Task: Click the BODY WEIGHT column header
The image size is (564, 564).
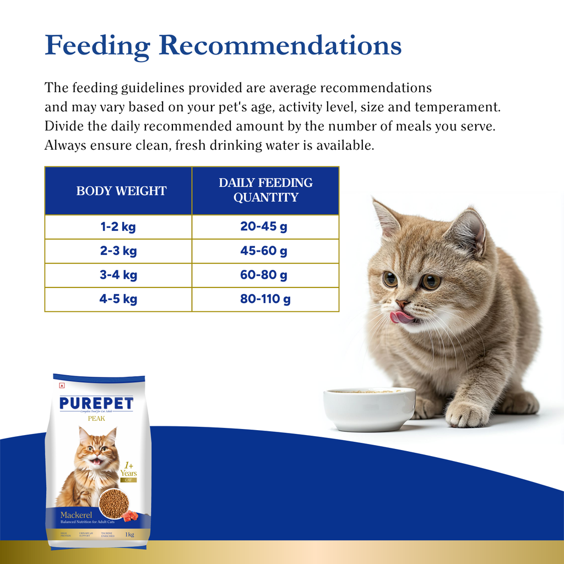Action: (x=121, y=191)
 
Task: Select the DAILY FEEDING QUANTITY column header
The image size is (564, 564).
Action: (x=265, y=191)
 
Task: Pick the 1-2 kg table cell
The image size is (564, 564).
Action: (x=118, y=227)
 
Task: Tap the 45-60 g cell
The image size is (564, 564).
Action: (x=264, y=251)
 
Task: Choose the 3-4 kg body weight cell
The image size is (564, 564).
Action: (x=118, y=275)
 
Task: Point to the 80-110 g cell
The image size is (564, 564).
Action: (x=265, y=300)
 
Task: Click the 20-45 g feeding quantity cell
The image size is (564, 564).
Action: (x=264, y=227)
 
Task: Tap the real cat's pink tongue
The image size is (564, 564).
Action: (x=401, y=317)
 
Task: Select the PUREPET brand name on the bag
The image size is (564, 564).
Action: (x=96, y=404)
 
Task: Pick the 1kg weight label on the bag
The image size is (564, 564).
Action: (x=130, y=534)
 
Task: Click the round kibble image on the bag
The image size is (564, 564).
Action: (x=114, y=503)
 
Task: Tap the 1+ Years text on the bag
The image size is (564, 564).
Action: (x=128, y=469)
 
